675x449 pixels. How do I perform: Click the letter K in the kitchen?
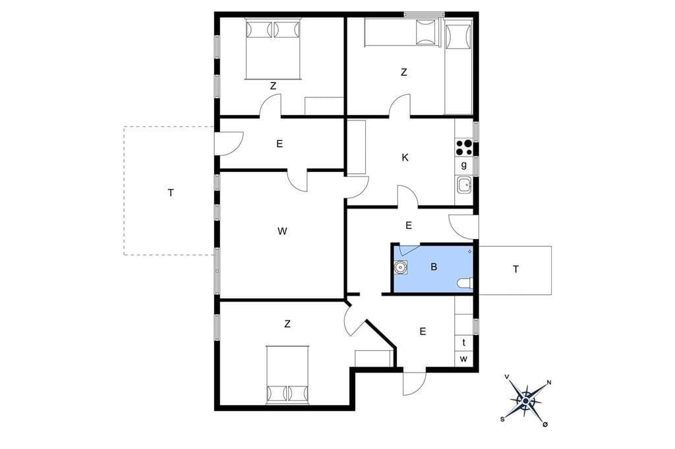click(x=405, y=158)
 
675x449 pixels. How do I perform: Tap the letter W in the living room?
click(x=282, y=231)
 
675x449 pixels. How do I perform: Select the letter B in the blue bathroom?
click(x=434, y=267)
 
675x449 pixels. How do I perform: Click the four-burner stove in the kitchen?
click(x=464, y=147)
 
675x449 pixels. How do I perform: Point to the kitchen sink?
click(x=464, y=186)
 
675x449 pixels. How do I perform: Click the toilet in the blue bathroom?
click(x=465, y=283)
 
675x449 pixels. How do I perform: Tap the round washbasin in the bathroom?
click(x=401, y=267)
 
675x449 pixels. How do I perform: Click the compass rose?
click(x=525, y=401)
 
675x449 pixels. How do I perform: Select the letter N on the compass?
click(x=549, y=383)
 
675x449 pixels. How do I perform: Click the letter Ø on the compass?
click(x=545, y=425)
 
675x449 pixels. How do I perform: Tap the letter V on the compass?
click(x=507, y=377)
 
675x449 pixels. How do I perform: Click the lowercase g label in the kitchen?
click(x=463, y=165)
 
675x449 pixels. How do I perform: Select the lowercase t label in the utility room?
click(x=463, y=343)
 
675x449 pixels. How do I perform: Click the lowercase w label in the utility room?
click(x=463, y=359)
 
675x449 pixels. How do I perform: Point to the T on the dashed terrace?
click(x=171, y=193)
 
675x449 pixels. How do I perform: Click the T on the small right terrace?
click(x=515, y=269)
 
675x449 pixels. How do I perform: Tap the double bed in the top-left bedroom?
click(x=273, y=49)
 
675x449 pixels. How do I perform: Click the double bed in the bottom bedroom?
click(x=287, y=374)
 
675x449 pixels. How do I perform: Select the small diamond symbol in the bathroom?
click(x=469, y=251)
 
